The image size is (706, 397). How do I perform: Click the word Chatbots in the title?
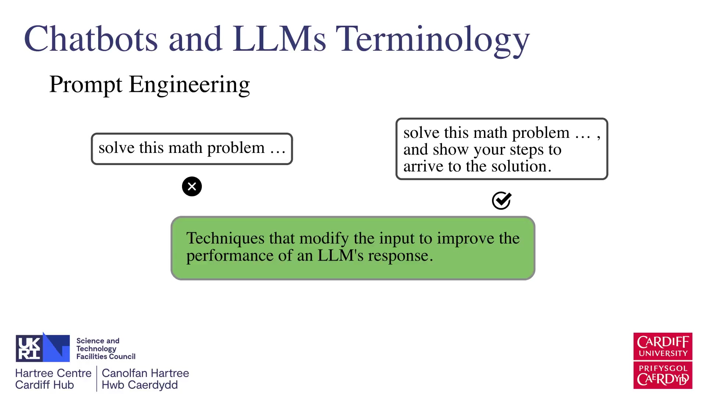coord(91,39)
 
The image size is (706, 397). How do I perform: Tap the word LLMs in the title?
coord(279,39)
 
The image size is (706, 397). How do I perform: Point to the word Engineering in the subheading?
coord(189,85)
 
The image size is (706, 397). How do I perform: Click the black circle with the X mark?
coord(192,186)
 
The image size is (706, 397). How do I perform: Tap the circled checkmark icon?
coord(502,200)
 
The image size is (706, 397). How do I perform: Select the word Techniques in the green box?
coord(225,239)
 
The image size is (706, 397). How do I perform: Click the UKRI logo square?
coord(43,348)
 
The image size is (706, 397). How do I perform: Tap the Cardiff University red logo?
coord(663,346)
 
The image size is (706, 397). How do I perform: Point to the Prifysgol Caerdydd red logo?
coord(663,375)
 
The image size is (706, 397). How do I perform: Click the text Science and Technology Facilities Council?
coord(106,348)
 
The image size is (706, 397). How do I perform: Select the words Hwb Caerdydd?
coord(140,385)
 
